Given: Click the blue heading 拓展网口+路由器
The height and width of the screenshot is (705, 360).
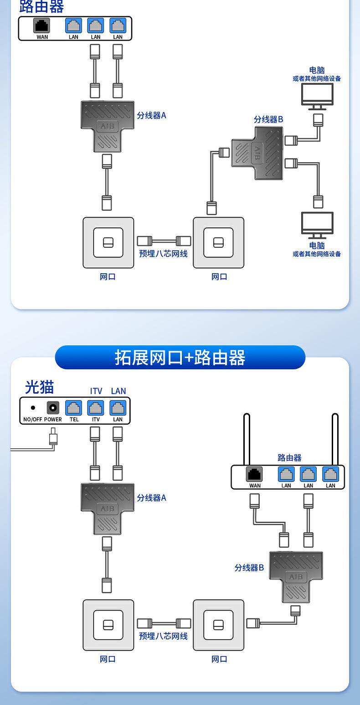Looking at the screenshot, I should tap(180, 358).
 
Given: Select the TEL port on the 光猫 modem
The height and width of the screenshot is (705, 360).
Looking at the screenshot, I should tap(74, 407).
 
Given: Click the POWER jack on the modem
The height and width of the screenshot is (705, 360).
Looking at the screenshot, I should tap(53, 407).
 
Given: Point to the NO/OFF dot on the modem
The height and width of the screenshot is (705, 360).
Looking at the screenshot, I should tap(33, 408).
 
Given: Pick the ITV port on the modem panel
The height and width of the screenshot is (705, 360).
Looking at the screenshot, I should tap(96, 407).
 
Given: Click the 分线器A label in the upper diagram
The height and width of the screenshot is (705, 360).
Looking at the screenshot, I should tap(152, 115).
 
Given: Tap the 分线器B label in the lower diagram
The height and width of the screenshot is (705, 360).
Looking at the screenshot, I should tap(249, 568).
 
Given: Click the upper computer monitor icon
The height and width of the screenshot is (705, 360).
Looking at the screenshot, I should tap(317, 95).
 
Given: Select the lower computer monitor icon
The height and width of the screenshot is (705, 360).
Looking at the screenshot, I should tap(317, 224).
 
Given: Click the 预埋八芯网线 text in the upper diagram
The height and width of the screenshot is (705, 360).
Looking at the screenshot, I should tap(163, 254).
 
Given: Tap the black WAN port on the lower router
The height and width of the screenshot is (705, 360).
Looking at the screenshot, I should tap(255, 474).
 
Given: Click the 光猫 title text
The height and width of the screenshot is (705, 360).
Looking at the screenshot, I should tap(39, 387).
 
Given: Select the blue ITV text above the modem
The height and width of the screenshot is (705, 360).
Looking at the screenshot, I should tap(96, 391).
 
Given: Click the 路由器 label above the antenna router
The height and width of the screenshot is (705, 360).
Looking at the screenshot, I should tap(289, 457).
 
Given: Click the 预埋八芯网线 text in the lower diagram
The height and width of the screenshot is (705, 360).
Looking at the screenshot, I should tap(163, 636).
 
